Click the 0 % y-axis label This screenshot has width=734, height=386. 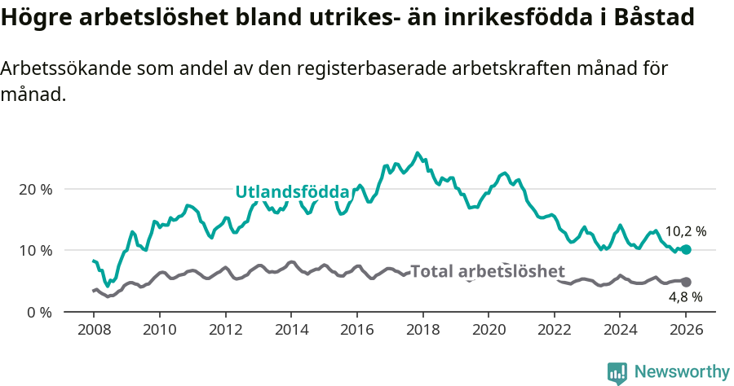[x=39, y=312]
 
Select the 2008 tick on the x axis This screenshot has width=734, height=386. [x=93, y=331]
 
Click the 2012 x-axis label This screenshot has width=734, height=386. [x=225, y=331]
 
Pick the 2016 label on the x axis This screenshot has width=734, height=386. [x=356, y=331]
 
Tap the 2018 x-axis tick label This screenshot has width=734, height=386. [x=422, y=331]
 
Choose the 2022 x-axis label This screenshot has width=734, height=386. [x=554, y=331]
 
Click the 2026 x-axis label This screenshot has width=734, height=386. [x=686, y=331]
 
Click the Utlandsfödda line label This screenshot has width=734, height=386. [x=292, y=192]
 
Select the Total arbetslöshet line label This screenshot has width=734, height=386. [x=487, y=271]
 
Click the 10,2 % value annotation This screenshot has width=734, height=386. [x=685, y=231]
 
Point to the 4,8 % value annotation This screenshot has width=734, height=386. [x=685, y=297]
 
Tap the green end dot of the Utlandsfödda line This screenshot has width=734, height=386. [x=686, y=249]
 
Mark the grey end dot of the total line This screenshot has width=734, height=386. [x=686, y=282]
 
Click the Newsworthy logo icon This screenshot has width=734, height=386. [x=617, y=372]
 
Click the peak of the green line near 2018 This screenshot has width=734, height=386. [x=418, y=153]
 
